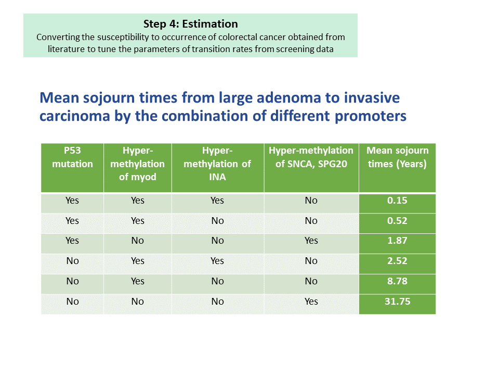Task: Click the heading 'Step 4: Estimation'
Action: click(190, 24)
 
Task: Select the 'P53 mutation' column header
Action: click(72, 157)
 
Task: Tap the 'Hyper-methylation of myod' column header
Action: click(137, 164)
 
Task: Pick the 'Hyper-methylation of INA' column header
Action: click(217, 164)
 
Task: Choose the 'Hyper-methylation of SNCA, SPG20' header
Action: click(311, 157)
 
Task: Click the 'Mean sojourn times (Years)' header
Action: click(397, 157)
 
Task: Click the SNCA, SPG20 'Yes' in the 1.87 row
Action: click(311, 241)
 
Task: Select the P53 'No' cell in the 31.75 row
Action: click(72, 302)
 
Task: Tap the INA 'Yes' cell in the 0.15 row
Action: click(217, 200)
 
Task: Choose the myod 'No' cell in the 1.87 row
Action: click(137, 241)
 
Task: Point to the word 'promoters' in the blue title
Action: click(371, 116)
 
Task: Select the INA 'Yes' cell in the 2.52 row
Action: click(217, 261)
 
